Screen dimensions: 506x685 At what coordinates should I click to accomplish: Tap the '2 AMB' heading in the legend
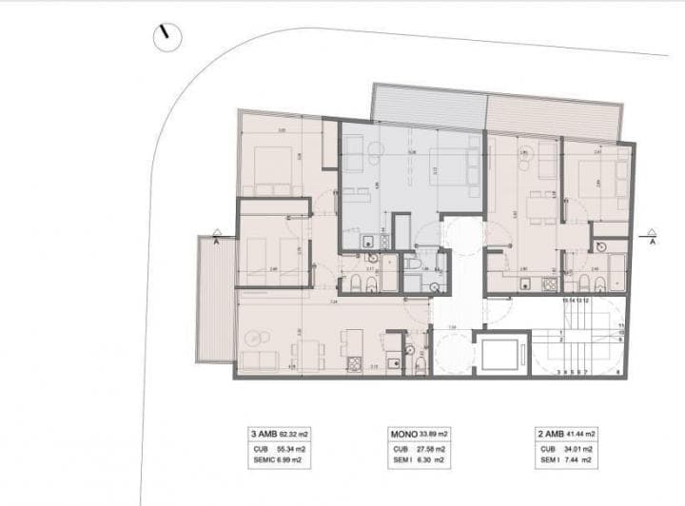[552, 433]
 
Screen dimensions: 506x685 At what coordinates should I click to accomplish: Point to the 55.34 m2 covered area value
[287, 447]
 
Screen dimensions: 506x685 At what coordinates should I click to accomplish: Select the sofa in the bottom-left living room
[260, 360]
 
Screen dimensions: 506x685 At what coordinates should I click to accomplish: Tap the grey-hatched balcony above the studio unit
[427, 104]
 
